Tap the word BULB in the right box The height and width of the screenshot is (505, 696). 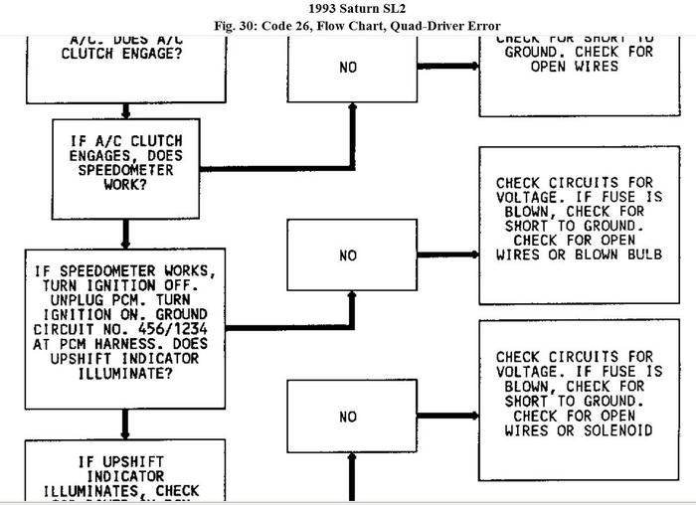(x=634, y=254)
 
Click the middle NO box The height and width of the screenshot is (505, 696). (x=347, y=255)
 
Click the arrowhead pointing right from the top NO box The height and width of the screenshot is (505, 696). (x=469, y=66)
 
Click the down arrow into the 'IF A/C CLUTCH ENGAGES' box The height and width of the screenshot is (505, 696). (x=125, y=112)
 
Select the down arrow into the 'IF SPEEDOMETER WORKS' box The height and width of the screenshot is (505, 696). (x=125, y=243)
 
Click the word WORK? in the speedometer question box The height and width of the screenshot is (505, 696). (x=124, y=184)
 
